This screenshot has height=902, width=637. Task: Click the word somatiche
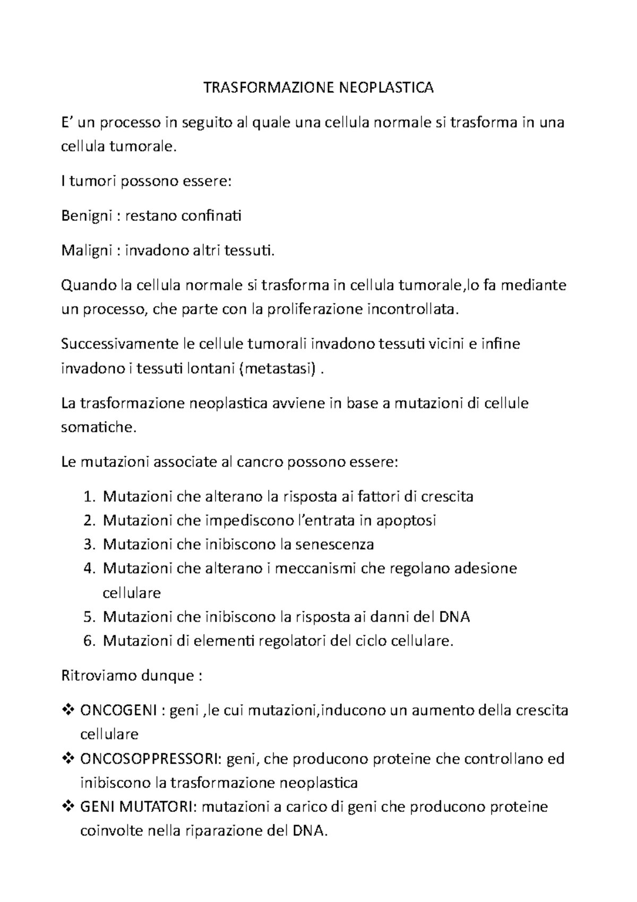(x=98, y=427)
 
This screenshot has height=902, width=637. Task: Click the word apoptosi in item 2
(x=406, y=521)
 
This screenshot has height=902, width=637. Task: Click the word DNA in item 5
(x=455, y=617)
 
